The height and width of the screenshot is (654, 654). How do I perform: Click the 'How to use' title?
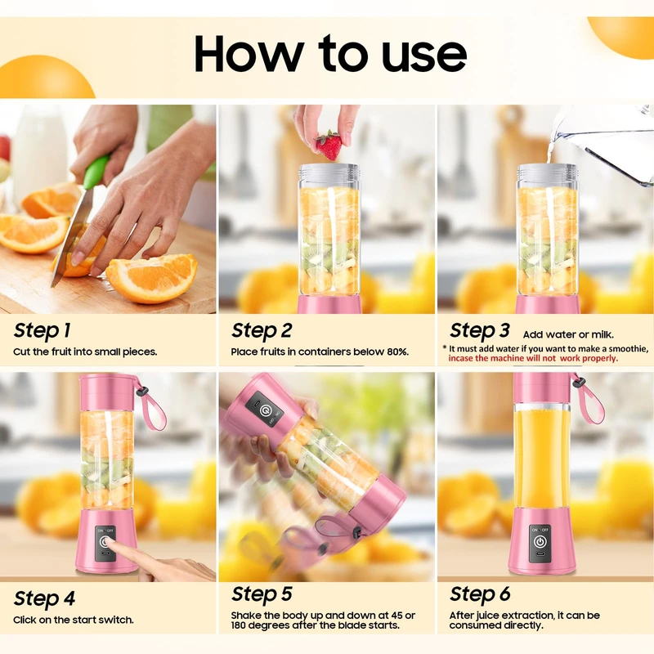point(330,53)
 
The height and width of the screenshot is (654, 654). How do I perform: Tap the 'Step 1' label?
point(42,331)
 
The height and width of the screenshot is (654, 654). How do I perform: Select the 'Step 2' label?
point(262,330)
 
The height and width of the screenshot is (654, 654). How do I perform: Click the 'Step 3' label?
point(480,331)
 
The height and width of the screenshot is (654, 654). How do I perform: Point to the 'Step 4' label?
point(44,598)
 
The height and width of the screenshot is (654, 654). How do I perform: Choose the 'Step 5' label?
point(262,594)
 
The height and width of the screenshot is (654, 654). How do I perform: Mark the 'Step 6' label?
point(480,594)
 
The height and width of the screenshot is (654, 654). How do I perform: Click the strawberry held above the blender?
point(329,146)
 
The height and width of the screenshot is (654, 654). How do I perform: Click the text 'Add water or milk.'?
point(568,335)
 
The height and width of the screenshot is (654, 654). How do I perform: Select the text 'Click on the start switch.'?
point(74,620)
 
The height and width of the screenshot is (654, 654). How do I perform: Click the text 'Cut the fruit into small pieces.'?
point(85,352)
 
